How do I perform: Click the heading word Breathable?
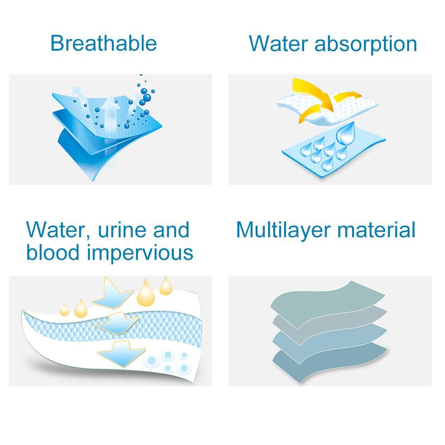pos(104,43)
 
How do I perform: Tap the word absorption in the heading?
pos(365,45)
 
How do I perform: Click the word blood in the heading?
pos(52,252)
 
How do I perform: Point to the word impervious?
pos(140,253)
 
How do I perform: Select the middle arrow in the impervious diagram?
pos(117,323)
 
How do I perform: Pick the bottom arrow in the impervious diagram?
pos(121,354)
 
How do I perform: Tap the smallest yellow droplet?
pos(64,309)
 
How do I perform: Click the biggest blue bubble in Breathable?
pos(147,98)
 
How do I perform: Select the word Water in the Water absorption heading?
pos(278,44)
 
